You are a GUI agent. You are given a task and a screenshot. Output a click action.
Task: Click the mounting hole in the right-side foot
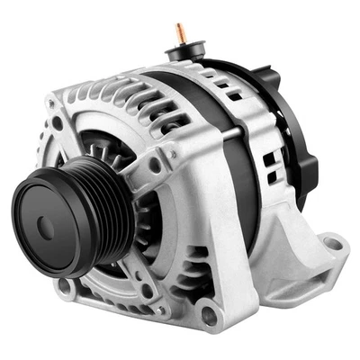[x=332, y=244]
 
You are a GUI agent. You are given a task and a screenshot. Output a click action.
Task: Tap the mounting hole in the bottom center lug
[x=209, y=316]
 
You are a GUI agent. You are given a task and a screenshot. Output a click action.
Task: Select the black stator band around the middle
[x=236, y=180]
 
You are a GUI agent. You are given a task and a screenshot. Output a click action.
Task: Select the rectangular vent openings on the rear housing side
[x=270, y=166]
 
